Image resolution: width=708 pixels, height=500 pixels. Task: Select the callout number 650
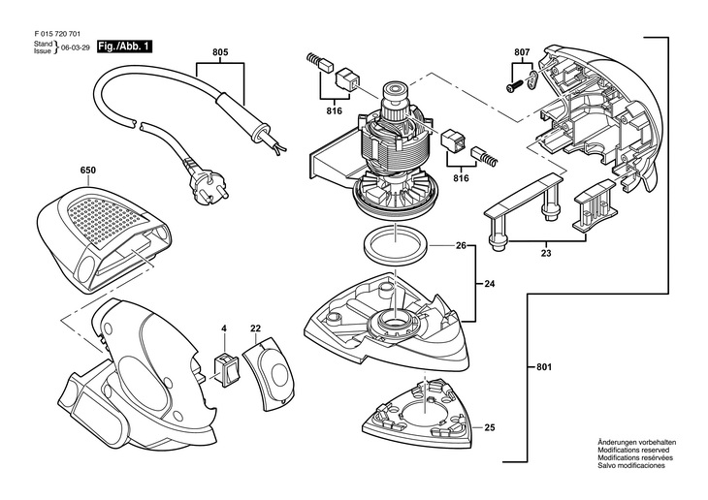click(x=88, y=170)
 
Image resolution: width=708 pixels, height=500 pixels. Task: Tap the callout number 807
click(x=522, y=51)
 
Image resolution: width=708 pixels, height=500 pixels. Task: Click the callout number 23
click(x=547, y=253)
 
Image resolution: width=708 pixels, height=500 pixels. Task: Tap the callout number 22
click(x=256, y=329)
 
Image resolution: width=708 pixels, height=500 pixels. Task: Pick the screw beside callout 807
click(x=511, y=87)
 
